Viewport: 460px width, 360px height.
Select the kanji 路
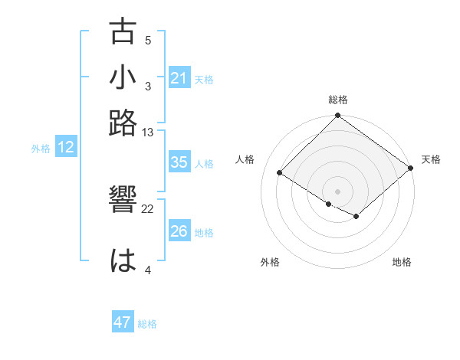point(123,122)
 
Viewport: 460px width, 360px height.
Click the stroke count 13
point(148,133)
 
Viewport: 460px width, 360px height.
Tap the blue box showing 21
point(179,77)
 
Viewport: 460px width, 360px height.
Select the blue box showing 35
point(179,162)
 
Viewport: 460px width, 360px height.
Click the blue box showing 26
point(179,231)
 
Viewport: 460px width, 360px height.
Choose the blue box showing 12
point(66,148)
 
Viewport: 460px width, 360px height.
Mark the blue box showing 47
point(122,322)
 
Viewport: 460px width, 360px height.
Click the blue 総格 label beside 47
point(147,324)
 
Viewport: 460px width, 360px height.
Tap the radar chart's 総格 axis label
point(337,100)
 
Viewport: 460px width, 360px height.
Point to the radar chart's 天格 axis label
point(431,159)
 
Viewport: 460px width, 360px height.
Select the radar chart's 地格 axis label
point(402,262)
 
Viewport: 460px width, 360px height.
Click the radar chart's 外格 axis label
point(270,262)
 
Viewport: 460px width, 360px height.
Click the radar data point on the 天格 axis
point(411,169)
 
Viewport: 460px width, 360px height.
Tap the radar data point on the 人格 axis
point(280,173)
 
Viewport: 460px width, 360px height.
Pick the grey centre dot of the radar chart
point(337,191)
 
